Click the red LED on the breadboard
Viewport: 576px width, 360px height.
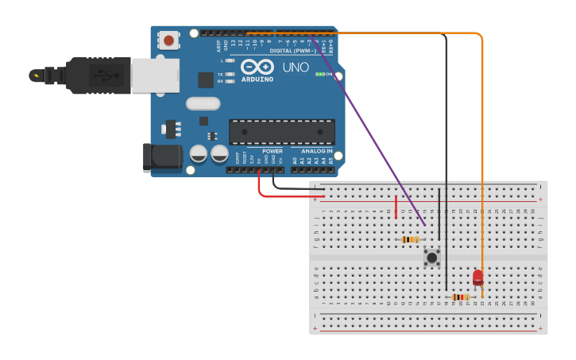[x=477, y=277]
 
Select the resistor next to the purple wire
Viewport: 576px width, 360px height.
[x=409, y=239]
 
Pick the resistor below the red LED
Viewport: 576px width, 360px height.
[x=458, y=297]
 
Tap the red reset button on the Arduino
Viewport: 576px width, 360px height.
[x=168, y=40]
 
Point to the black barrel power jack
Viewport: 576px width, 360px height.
[x=162, y=157]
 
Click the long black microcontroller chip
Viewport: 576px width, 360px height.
[x=281, y=132]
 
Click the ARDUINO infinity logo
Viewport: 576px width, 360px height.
[x=257, y=68]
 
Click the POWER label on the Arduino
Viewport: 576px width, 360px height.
[x=273, y=150]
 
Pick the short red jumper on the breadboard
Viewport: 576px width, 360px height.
[x=396, y=207]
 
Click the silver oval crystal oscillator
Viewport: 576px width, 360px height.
[x=203, y=103]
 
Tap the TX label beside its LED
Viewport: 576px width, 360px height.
[x=220, y=74]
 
